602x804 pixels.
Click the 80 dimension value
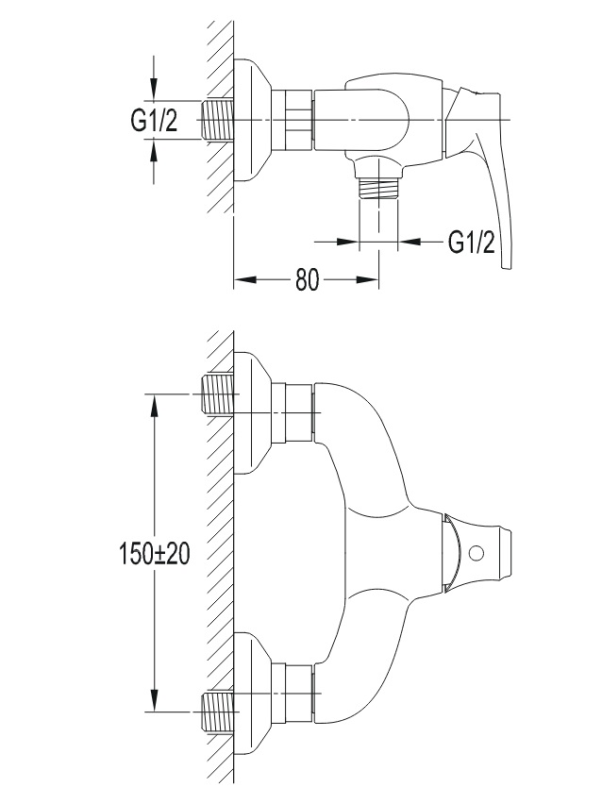[x=308, y=280]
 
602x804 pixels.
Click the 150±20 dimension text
[x=154, y=554]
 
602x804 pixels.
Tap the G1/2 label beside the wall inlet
[x=154, y=121]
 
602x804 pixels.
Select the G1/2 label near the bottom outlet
[x=472, y=242]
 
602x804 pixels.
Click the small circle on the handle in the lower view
[x=477, y=553]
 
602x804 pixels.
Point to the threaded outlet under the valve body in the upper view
[x=378, y=190]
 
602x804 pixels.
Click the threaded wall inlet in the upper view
[x=218, y=120]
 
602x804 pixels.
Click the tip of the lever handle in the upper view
[x=506, y=267]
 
